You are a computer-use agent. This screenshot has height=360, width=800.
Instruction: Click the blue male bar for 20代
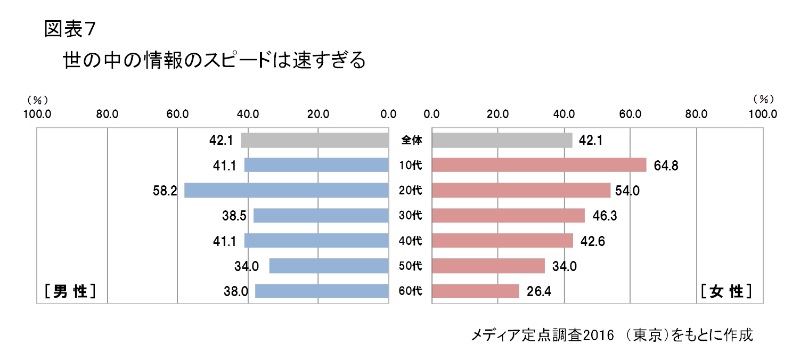[287, 190]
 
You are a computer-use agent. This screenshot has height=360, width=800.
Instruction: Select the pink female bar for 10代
[539, 165]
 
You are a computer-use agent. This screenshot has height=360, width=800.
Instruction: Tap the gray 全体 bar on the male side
[315, 140]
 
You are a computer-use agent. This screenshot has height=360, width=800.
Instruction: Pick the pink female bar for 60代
[475, 291]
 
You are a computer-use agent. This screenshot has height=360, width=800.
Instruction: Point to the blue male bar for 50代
[329, 266]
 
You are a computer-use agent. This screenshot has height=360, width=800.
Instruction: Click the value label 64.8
[666, 166]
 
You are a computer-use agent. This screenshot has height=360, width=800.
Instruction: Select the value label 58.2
[165, 191]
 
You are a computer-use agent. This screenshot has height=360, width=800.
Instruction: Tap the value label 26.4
[538, 291]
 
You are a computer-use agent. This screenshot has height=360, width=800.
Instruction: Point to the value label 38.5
[234, 216]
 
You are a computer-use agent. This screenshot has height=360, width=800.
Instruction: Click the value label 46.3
[604, 216]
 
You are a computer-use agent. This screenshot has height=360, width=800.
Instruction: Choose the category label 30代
[410, 216]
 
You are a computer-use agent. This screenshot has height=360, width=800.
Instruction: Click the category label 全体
[411, 141]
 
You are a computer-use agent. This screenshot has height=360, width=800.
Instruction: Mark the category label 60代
[410, 291]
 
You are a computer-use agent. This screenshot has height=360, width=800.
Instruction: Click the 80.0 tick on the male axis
[107, 114]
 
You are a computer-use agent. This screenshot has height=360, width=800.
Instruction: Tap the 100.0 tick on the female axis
[763, 114]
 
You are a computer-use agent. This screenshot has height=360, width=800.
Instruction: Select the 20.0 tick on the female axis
[498, 114]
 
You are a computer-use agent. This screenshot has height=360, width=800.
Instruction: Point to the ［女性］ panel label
[727, 291]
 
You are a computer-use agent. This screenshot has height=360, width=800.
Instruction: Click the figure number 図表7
[70, 30]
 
